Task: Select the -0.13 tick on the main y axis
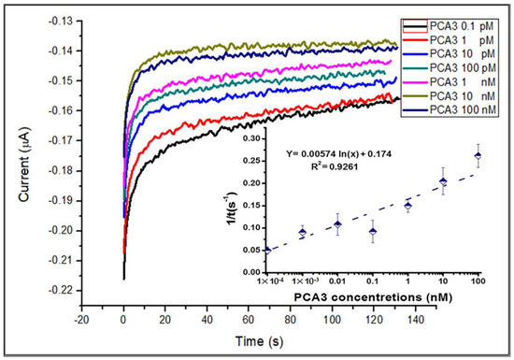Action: click(x=61, y=19)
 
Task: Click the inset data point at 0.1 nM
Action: click(x=373, y=231)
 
